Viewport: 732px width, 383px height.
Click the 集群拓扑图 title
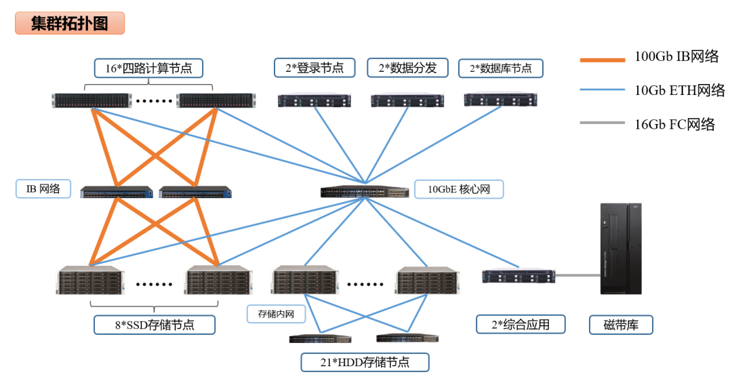[x=70, y=23]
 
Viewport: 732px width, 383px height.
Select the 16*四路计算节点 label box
[x=148, y=68]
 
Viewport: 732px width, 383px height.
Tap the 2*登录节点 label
[x=314, y=68]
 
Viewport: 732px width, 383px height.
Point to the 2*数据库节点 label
[x=500, y=68]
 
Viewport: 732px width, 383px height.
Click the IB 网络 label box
[x=43, y=188]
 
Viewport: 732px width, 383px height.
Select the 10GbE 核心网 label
[x=459, y=189]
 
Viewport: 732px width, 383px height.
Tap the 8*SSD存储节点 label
[x=155, y=325]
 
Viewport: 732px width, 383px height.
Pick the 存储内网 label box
[x=276, y=314]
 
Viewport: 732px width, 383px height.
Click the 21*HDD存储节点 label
[x=365, y=362]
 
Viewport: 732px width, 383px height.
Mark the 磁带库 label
[x=621, y=325]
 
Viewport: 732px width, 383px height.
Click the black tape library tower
[x=621, y=248]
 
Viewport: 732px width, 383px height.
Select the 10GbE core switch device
[x=365, y=191]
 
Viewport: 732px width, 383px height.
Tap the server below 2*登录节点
[x=314, y=101]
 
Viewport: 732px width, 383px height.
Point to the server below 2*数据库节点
[x=500, y=100]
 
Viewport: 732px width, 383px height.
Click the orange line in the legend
[x=602, y=60]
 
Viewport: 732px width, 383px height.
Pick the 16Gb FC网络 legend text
[x=674, y=124]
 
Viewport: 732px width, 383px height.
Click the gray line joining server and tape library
[x=577, y=275]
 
